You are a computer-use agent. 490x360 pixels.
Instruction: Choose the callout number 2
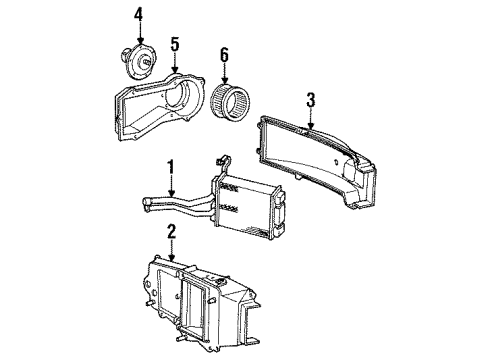[x=171, y=231]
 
